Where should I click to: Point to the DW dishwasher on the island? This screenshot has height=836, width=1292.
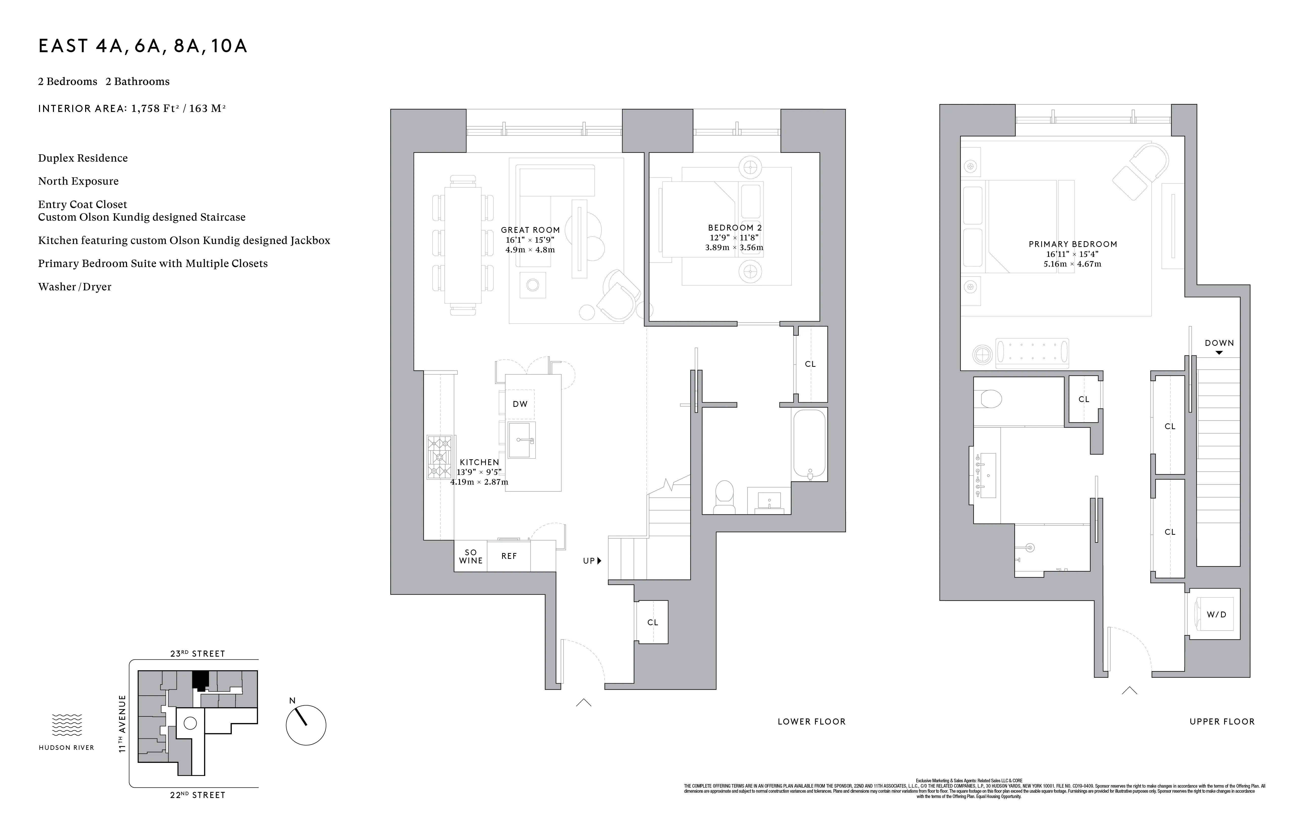[520, 404]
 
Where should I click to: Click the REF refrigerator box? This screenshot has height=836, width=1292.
[509, 556]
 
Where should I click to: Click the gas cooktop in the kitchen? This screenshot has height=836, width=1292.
[439, 457]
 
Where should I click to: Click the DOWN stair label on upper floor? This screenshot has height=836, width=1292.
[1219, 343]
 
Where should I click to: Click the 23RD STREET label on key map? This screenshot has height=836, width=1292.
[198, 654]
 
